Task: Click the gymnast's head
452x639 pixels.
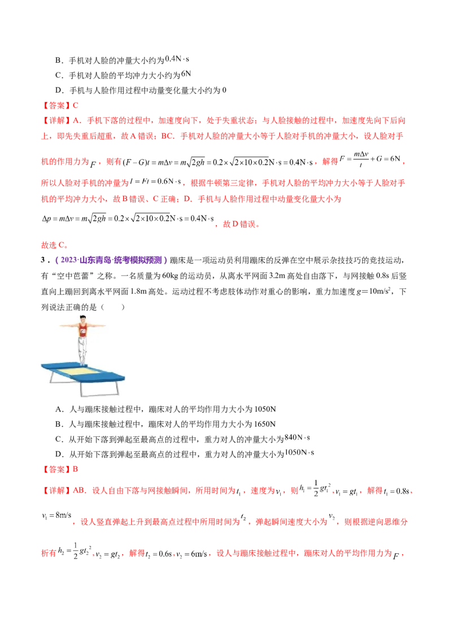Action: [82, 320]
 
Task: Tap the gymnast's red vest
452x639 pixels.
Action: [82, 332]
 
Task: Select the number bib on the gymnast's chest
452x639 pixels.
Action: [82, 333]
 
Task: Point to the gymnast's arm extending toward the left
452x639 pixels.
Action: [68, 326]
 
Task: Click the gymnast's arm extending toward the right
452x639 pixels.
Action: [97, 326]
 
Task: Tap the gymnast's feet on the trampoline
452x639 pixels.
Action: [83, 363]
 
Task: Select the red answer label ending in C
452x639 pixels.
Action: [60, 105]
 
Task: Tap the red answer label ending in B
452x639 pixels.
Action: [61, 469]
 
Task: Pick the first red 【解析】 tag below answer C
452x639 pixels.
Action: [55, 120]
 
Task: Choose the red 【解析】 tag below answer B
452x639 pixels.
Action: [55, 490]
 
